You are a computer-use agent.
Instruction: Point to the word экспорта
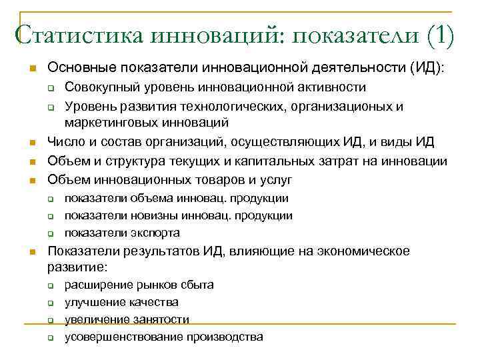150,233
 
